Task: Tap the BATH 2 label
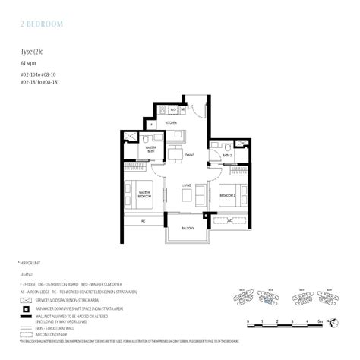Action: pyautogui.click(x=226, y=155)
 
